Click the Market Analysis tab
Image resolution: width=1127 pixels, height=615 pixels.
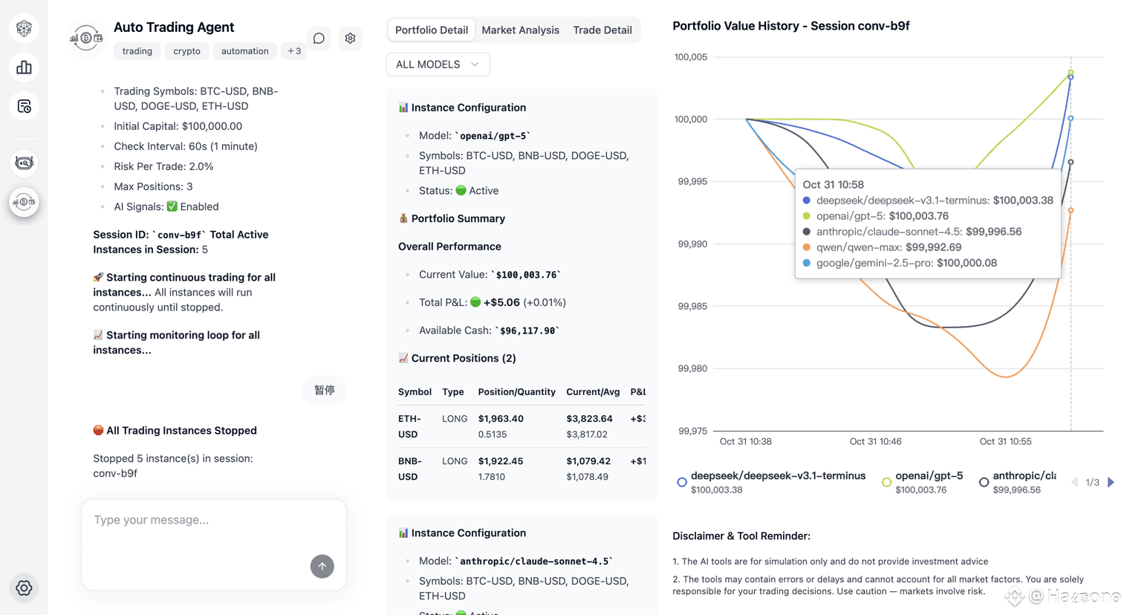pyautogui.click(x=520, y=30)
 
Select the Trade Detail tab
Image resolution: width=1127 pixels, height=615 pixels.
pyautogui.click(x=602, y=30)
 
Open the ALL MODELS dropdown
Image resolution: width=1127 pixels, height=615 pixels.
pyautogui.click(x=438, y=65)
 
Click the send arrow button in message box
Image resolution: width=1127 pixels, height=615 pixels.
pyautogui.click(x=322, y=567)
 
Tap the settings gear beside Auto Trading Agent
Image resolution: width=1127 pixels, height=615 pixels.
pyautogui.click(x=350, y=39)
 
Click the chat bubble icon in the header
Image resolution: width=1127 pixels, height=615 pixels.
pyautogui.click(x=319, y=39)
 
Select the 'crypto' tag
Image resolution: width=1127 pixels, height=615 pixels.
pyautogui.click(x=186, y=51)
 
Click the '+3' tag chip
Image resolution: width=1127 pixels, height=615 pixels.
pyautogui.click(x=294, y=51)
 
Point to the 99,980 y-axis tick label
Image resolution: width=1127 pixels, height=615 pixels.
pyautogui.click(x=692, y=368)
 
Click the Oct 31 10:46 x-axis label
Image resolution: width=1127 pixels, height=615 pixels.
pyautogui.click(x=875, y=441)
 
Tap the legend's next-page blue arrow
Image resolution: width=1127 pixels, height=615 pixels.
pyautogui.click(x=1111, y=482)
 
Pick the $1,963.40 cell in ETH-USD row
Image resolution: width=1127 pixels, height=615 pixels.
pyautogui.click(x=501, y=419)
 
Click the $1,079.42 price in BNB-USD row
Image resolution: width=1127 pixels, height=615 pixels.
pyautogui.click(x=588, y=461)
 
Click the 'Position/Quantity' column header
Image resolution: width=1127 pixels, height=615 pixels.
pyautogui.click(x=516, y=391)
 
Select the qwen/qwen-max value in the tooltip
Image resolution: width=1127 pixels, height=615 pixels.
pyautogui.click(x=933, y=247)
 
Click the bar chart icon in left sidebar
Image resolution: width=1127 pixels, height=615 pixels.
pyautogui.click(x=25, y=68)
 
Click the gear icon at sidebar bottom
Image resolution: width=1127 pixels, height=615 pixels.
pyautogui.click(x=25, y=588)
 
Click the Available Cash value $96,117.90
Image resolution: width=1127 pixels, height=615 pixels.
pyautogui.click(x=527, y=331)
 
